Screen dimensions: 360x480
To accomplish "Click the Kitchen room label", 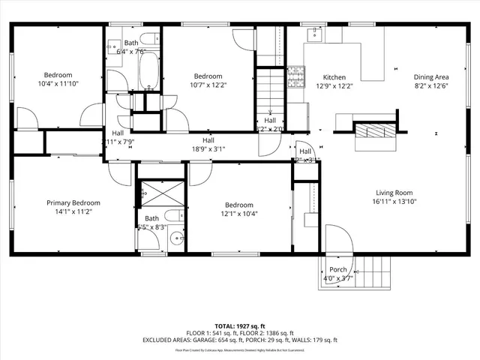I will click(334, 77).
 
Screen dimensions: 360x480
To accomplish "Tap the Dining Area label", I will click(431, 77).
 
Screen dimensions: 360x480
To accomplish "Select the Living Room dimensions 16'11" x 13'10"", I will click(394, 201).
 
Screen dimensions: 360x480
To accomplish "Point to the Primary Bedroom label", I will click(73, 202).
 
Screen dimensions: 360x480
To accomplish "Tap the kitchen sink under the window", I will click(313, 34).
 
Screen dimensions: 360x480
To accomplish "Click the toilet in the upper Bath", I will click(148, 39).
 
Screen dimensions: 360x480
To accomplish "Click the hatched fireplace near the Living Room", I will click(369, 132).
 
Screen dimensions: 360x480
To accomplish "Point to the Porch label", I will click(338, 270).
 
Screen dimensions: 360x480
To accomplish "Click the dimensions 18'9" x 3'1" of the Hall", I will click(208, 148).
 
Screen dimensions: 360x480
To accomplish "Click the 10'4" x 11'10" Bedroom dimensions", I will click(57, 85).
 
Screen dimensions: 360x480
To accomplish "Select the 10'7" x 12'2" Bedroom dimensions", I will click(208, 85).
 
